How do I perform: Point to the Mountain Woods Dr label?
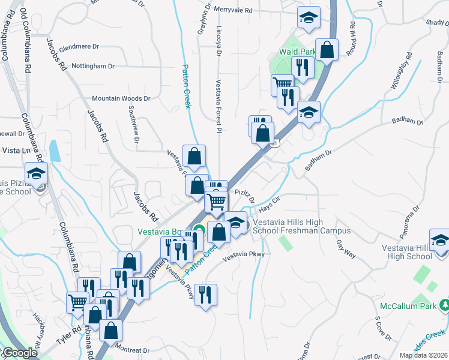click(x=121, y=98)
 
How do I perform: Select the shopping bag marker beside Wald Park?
click(x=327, y=50)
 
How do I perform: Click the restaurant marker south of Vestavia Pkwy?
click(x=205, y=295)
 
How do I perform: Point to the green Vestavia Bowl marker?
click(x=198, y=228)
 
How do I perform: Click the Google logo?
click(x=19, y=353)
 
